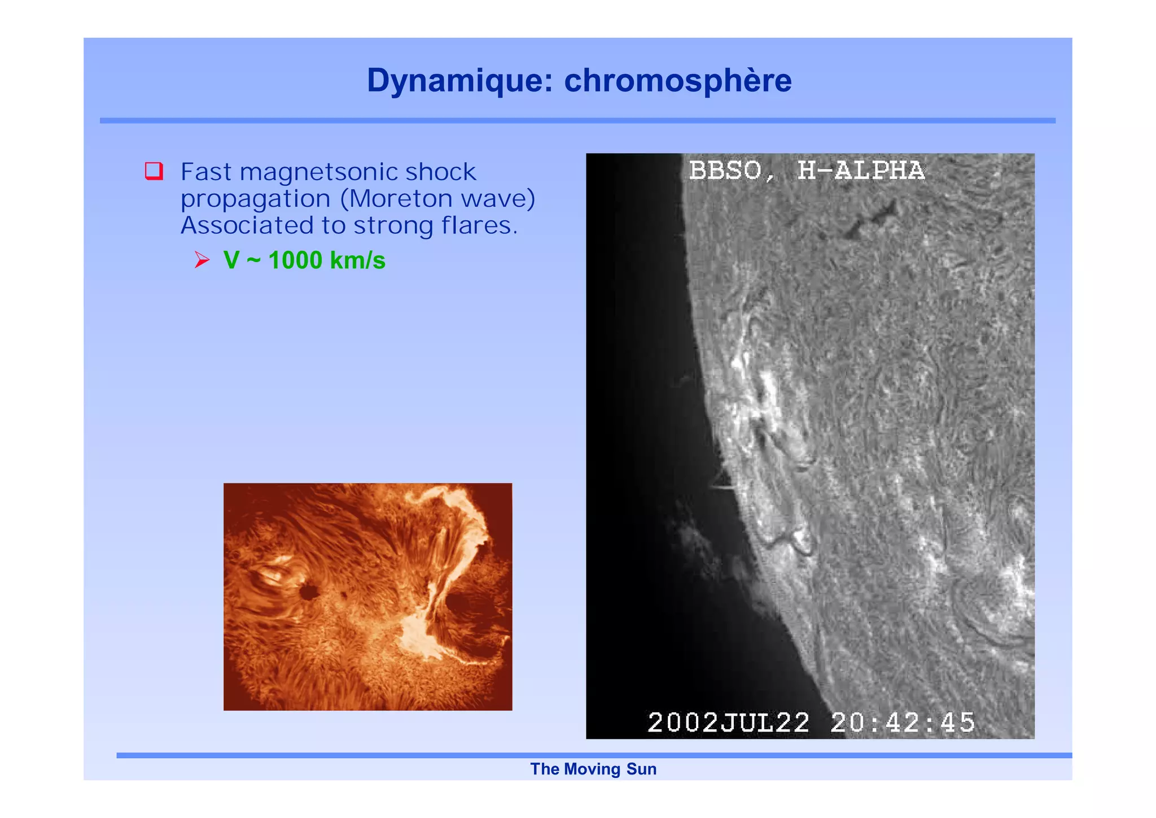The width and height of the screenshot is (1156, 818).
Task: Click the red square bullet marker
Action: [154, 171]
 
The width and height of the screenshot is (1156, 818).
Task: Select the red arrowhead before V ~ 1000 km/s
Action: [202, 260]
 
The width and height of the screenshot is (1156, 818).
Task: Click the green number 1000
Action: [295, 260]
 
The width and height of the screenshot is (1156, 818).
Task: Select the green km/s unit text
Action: [357, 260]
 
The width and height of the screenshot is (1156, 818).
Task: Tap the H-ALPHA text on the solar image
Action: [861, 171]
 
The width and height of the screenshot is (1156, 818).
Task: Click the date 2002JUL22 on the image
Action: [728, 723]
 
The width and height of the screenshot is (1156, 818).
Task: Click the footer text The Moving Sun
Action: [593, 769]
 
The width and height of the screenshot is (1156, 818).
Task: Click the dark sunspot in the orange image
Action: [308, 592]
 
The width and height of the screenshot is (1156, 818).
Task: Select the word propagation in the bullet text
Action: [255, 199]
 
